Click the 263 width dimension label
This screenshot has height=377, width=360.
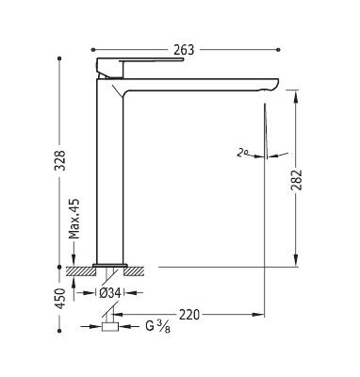tap(184, 50)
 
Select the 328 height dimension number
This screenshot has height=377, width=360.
tap(59, 160)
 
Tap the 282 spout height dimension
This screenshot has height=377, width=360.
tap(296, 180)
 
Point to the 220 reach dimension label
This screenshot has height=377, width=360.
tap(189, 315)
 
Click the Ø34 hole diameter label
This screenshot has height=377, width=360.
tap(110, 293)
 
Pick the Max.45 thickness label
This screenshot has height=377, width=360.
tap(74, 219)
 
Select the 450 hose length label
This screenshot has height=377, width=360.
tap(59, 298)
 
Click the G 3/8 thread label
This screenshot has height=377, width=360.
tap(157, 327)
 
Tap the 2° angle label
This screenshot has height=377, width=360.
tap(242, 153)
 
